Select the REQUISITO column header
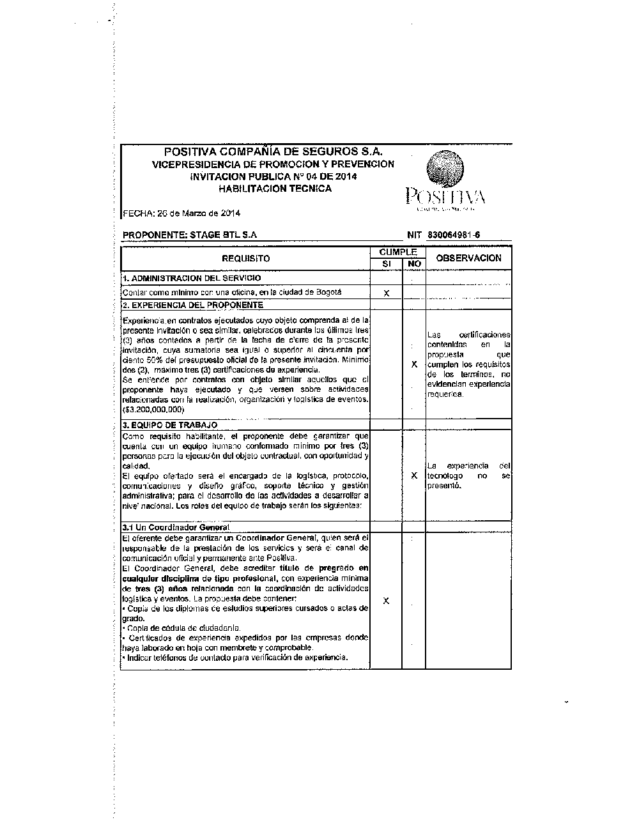[246, 259]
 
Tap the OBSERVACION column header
[468, 258]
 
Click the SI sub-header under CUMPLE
[386, 263]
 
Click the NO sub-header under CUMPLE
[414, 263]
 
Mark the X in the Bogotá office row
[386, 293]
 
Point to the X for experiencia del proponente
[414, 364]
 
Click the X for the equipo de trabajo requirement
[414, 475]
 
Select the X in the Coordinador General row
[386, 601]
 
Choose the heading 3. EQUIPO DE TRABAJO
[170, 425]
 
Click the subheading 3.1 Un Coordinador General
[176, 527]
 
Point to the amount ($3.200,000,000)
[153, 409]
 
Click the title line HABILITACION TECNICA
[275, 189]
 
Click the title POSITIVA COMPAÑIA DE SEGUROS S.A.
[273, 152]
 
